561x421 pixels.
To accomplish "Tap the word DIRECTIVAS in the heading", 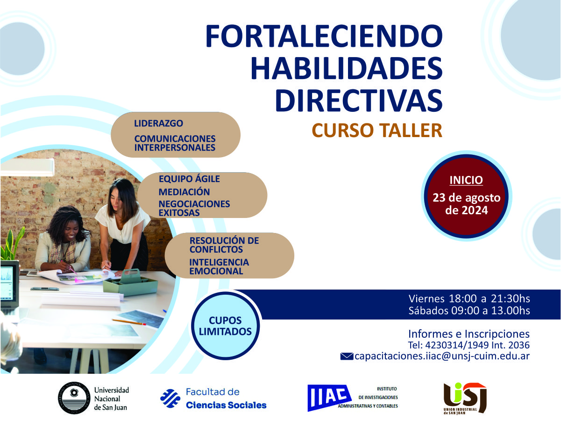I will click(x=358, y=99).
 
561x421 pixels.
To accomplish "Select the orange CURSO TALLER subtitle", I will click(x=376, y=131).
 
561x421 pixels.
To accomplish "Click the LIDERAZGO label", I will click(x=158, y=124).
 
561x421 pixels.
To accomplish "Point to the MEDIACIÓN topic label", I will click(x=184, y=192).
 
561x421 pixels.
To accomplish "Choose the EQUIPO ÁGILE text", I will click(x=189, y=179).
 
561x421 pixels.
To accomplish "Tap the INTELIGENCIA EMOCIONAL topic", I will click(x=219, y=267).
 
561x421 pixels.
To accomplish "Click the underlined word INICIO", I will click(x=466, y=180).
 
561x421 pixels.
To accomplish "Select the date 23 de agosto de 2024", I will click(x=466, y=204).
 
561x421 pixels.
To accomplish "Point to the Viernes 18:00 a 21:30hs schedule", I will click(x=469, y=298).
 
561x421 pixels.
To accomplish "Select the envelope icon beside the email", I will click(x=347, y=357).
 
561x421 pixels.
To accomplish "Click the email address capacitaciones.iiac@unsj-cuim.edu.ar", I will click(x=442, y=356).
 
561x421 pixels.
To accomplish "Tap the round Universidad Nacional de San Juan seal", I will click(x=73, y=398).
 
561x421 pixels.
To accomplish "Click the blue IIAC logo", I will click(x=329, y=398).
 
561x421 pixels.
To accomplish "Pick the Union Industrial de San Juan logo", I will click(x=464, y=398).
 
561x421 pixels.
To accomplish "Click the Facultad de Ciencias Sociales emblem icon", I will click(x=170, y=398).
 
